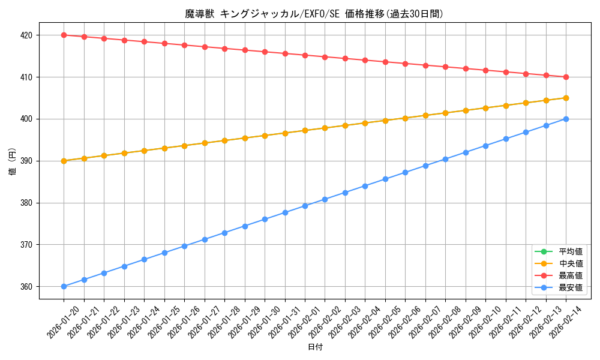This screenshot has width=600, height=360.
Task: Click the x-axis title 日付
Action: (315, 347)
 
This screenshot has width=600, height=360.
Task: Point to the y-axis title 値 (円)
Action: (12, 161)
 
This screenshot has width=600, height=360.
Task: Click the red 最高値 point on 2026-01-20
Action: (64, 35)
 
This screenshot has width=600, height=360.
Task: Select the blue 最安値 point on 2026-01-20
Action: (64, 286)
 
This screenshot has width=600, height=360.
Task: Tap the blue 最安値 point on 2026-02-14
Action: (566, 119)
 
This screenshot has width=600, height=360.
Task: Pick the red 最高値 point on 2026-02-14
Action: (566, 77)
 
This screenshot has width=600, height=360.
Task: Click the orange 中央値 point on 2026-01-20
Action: (64, 161)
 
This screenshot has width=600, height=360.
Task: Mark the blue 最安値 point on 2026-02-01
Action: (305, 206)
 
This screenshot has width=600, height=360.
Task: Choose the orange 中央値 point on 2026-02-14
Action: (566, 98)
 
